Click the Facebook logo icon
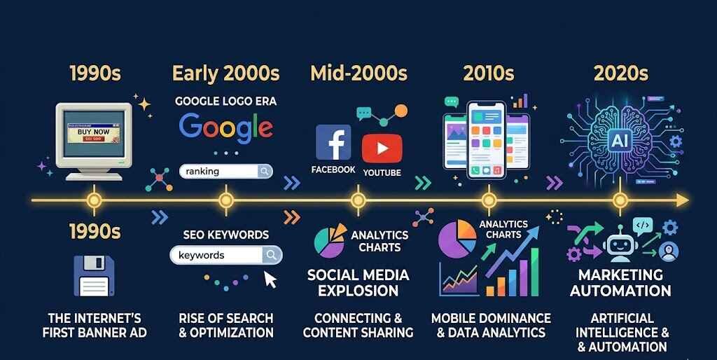pos(333,142)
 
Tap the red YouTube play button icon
pos(382,148)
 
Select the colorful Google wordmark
pos(225,127)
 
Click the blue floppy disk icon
pos(94,275)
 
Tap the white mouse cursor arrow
pos(270,279)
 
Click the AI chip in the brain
pos(620,141)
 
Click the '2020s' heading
pos(620,73)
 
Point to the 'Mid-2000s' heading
pos(358,73)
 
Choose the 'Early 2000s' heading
pos(225,73)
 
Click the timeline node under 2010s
pos(489,201)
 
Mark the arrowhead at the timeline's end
pos(683,201)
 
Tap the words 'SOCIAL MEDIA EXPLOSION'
pos(358,282)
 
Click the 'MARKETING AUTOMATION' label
pos(620,282)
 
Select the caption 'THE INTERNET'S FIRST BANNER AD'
pos(95,325)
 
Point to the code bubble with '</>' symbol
pos(643,226)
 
